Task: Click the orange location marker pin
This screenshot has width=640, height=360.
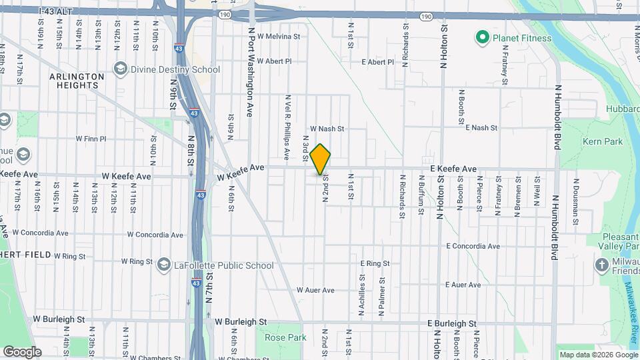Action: click(x=321, y=159)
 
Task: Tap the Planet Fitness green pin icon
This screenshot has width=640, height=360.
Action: click(x=482, y=38)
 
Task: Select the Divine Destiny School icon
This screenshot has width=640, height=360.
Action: click(x=120, y=69)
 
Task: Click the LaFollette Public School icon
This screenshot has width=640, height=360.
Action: click(x=163, y=265)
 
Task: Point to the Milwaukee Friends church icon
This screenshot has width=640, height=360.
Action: click(x=601, y=265)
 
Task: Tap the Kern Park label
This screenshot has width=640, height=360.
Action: click(x=603, y=141)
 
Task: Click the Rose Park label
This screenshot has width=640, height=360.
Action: click(x=285, y=337)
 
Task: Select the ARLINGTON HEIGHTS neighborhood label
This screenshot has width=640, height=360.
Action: click(x=77, y=81)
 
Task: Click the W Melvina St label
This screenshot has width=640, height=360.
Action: click(x=279, y=37)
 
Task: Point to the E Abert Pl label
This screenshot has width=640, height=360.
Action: click(x=377, y=62)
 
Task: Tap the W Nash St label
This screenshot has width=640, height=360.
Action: click(x=327, y=129)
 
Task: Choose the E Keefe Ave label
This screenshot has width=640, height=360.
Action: click(x=453, y=169)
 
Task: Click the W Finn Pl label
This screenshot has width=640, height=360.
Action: click(x=91, y=139)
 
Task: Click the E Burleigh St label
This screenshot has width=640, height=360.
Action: click(x=452, y=323)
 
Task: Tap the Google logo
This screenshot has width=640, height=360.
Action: click(x=22, y=351)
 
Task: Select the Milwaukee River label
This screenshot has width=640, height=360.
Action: click(x=630, y=307)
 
